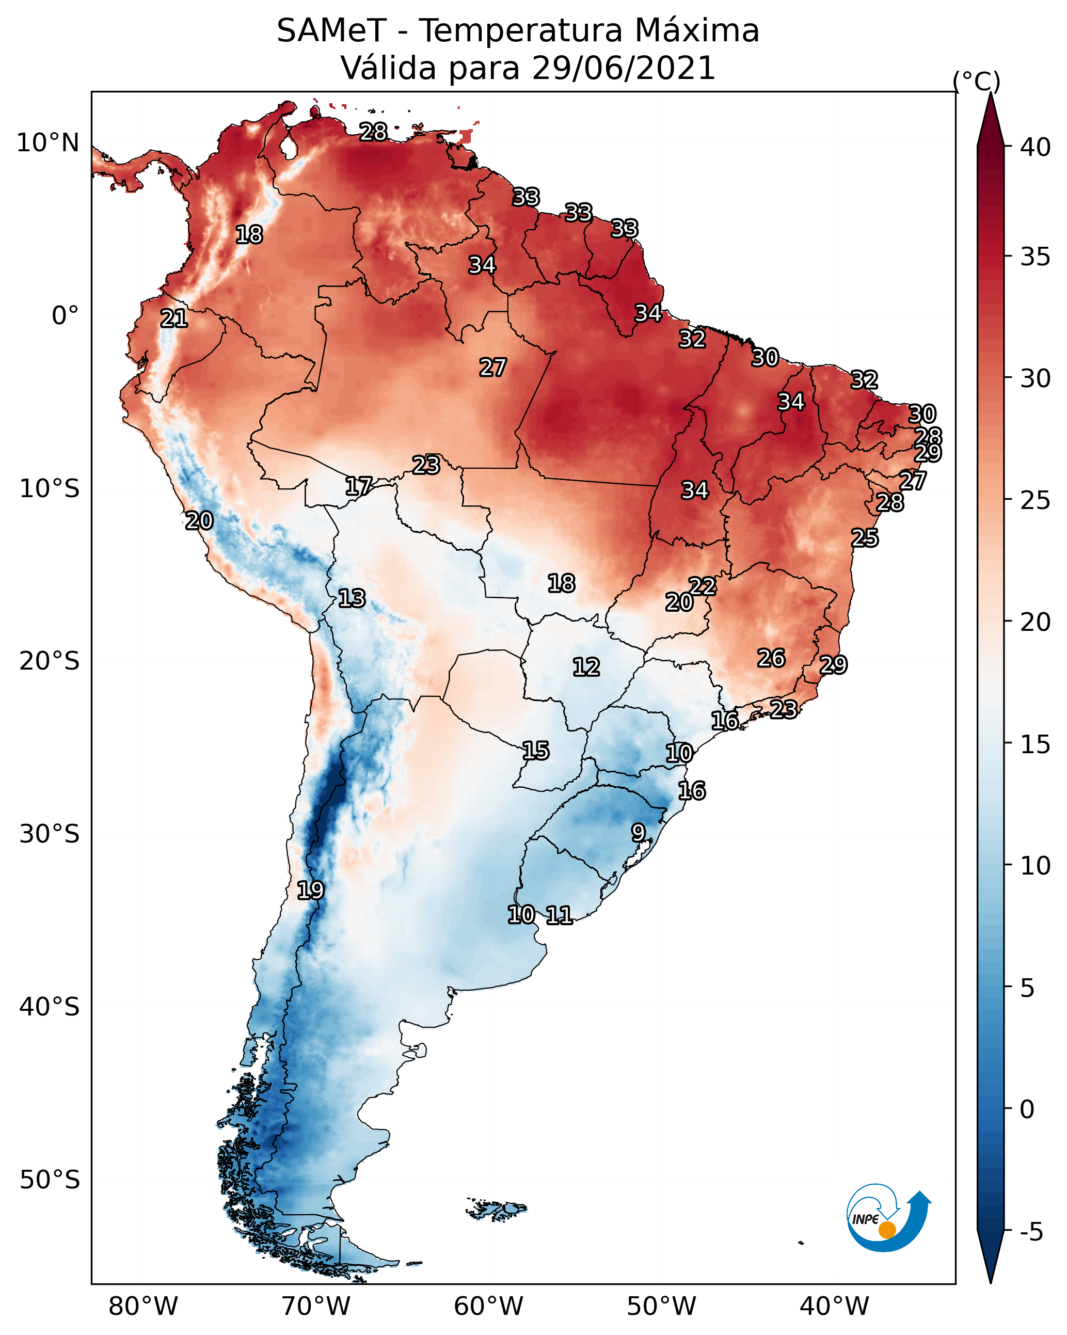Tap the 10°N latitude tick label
(x=47, y=143)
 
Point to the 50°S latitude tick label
(x=49, y=1180)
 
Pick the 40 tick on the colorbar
(x=1035, y=147)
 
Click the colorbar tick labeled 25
(x=1035, y=500)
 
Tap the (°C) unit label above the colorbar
(x=976, y=81)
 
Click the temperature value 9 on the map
(x=639, y=832)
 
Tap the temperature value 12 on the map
(x=586, y=667)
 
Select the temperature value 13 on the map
(x=352, y=598)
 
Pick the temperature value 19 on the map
(x=310, y=891)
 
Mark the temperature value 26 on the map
(x=771, y=658)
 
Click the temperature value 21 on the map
(x=174, y=319)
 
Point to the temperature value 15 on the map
(x=536, y=751)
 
